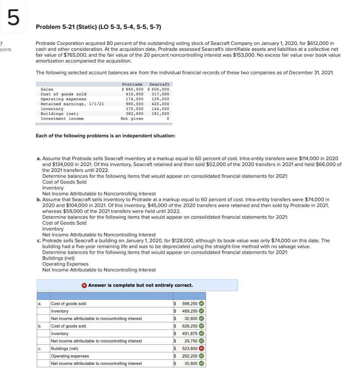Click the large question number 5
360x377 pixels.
(x=14, y=18)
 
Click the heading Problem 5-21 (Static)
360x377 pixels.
(x=98, y=27)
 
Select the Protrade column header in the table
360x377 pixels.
(x=132, y=84)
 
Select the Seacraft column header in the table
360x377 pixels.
(x=159, y=84)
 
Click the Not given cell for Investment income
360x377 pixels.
(x=132, y=119)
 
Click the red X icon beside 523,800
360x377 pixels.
(x=201, y=348)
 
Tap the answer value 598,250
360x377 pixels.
(x=190, y=304)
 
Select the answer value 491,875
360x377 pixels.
(x=190, y=334)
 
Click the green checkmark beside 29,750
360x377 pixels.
(x=201, y=341)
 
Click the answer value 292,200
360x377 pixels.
(x=190, y=356)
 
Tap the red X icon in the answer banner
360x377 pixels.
(x=84, y=285)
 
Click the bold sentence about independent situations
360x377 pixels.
(x=105, y=136)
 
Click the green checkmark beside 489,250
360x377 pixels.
(x=201, y=311)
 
